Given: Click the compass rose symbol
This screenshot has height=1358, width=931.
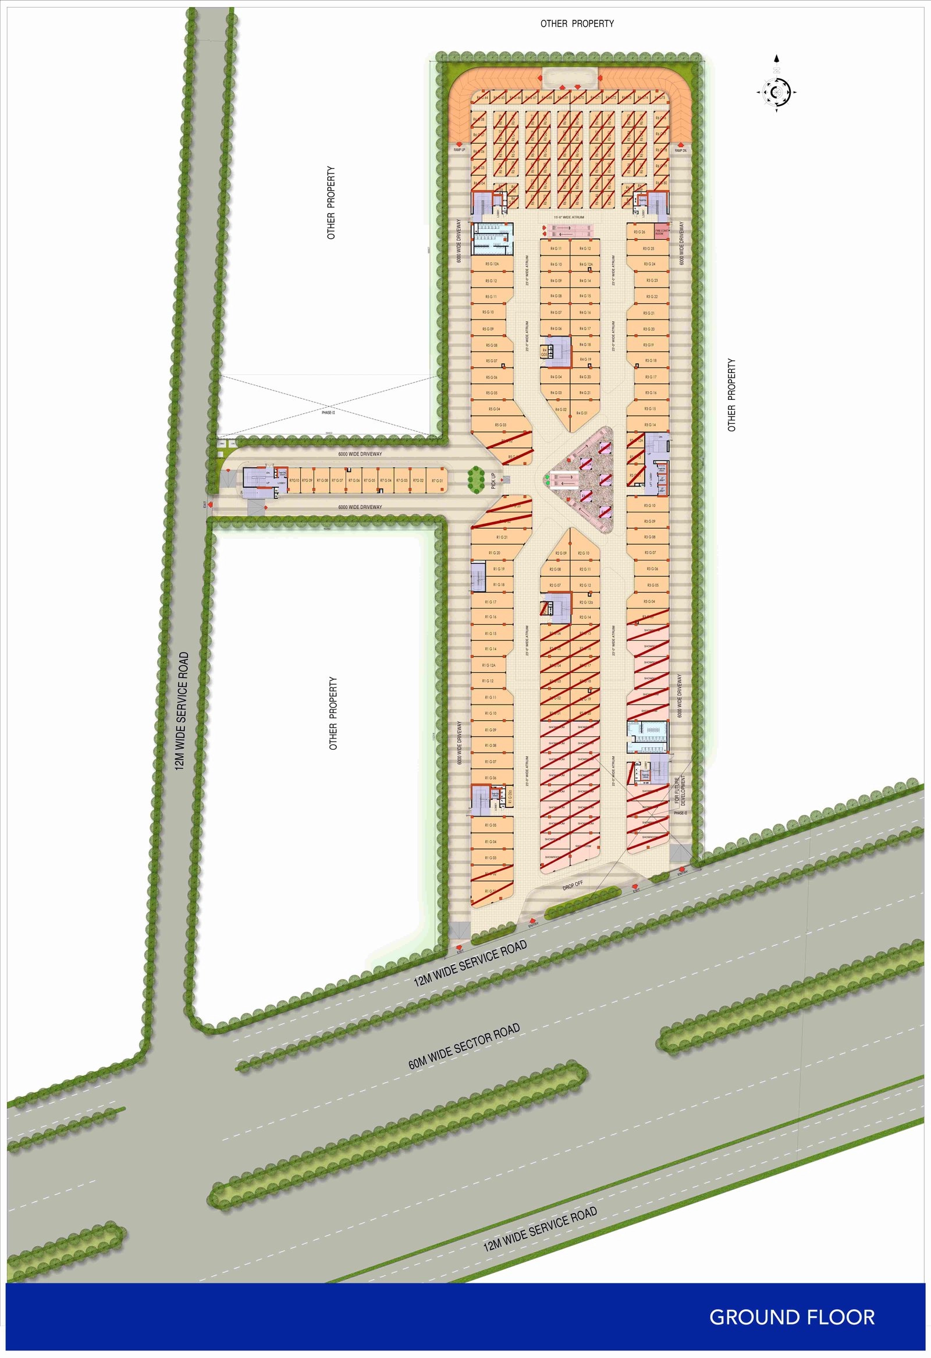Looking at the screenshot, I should coord(776,91).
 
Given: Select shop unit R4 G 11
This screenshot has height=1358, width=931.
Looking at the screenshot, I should coord(556,249).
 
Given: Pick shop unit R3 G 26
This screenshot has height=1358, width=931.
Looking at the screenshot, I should coord(639,232).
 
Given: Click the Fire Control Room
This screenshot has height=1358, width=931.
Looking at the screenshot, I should coord(660,232).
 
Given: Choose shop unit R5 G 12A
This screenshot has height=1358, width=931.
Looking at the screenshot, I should coord(492,265).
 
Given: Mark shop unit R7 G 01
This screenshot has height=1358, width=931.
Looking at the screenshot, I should coord(437,480).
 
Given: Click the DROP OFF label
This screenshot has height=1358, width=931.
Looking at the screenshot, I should coord(573,885).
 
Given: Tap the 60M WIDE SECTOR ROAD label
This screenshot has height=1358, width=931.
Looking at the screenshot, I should coord(464,1047).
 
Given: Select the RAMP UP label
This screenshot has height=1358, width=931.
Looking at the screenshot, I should coord(460,150).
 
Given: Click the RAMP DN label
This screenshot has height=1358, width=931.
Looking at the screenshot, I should coord(680,151).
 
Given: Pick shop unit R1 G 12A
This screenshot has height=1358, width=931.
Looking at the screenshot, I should coord(489,665).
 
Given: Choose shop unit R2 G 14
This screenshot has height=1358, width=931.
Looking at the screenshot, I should coord(585,617).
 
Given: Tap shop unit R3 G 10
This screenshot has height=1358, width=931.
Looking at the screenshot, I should coord(649,505).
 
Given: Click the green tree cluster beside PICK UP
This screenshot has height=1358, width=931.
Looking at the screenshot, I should coord(476,477).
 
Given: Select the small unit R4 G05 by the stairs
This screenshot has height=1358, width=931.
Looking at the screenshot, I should coord(545,352).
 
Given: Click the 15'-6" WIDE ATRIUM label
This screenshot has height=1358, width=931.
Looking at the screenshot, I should coord(569,217).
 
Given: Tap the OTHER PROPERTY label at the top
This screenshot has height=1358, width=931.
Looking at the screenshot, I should coord(577,24).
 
